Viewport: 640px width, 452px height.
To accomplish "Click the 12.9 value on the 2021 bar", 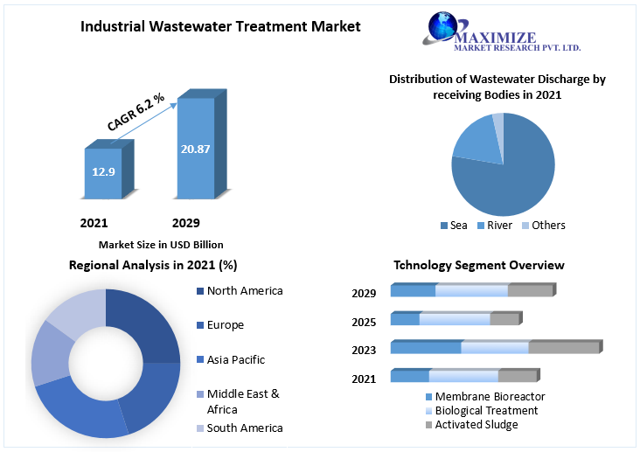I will (103, 172).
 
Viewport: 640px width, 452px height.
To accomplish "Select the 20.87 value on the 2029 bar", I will (195, 150).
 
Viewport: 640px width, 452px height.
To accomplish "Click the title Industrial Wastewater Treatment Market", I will (220, 26).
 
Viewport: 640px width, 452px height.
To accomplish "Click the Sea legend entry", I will (454, 226).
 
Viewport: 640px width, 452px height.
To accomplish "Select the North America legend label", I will (245, 291).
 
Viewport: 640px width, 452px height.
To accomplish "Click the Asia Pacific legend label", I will (235, 359).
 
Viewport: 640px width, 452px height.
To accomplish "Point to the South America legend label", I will (244, 428).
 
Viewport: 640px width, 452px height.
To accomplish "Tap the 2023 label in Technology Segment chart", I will (364, 350).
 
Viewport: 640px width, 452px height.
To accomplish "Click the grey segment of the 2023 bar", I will (564, 347).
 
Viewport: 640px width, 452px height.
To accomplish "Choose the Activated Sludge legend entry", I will (476, 425).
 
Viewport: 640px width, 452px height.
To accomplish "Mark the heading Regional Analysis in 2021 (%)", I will (153, 265).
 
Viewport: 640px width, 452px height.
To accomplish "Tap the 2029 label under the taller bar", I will (185, 223).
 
